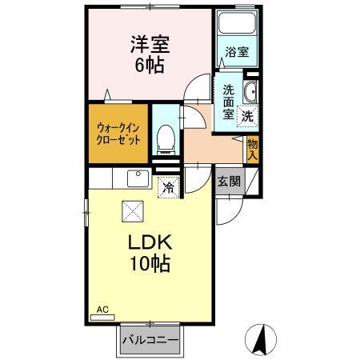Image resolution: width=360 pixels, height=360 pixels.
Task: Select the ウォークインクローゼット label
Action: tap(119, 132)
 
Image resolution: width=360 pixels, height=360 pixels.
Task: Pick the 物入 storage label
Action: tap(252, 148)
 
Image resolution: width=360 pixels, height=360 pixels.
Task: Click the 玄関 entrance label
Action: tap(228, 181)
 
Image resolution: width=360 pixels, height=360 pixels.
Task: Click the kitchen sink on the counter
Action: tap(134, 177)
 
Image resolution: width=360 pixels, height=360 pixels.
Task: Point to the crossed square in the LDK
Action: tap(132, 210)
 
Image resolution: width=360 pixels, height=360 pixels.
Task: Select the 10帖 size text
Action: tap(148, 264)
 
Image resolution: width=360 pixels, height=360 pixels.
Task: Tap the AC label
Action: tap(102, 309)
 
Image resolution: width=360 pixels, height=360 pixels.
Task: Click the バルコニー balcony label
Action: tap(150, 339)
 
